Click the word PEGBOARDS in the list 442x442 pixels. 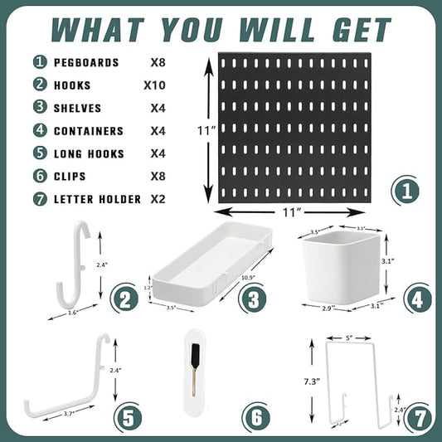87,62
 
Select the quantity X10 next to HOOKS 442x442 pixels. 156,85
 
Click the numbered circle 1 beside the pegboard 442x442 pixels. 405,191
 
